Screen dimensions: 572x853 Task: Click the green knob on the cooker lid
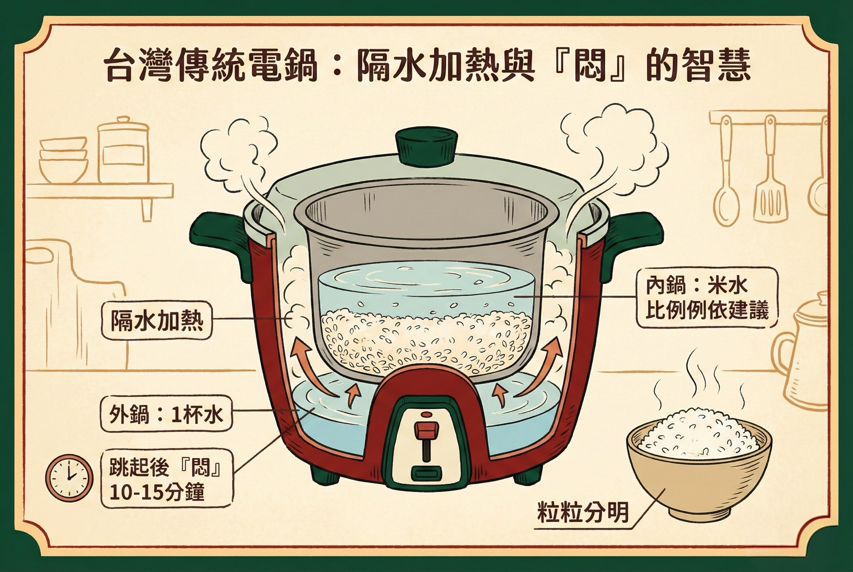426,146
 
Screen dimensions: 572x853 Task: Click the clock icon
69,478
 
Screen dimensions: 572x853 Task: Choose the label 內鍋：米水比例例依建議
707,297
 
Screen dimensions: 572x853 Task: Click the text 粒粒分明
583,513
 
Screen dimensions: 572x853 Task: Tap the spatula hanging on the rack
771,182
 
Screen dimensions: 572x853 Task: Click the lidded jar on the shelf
123,151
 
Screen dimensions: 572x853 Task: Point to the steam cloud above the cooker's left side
237,153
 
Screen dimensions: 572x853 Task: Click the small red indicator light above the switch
425,415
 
